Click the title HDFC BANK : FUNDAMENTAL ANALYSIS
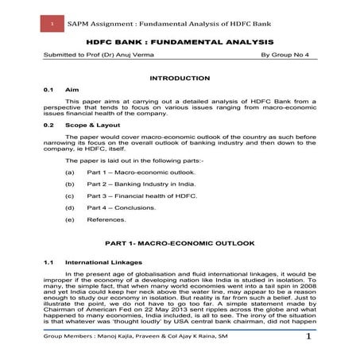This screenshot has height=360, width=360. (x=180, y=41)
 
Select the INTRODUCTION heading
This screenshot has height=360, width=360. (x=180, y=77)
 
